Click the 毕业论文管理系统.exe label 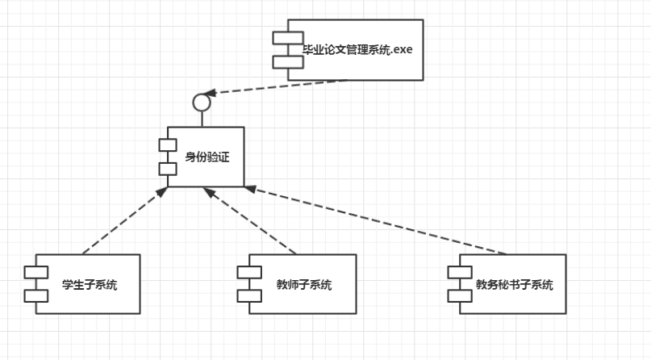(357, 50)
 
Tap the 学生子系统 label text (90, 284)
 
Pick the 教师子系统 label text (304, 284)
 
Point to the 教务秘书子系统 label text (515, 284)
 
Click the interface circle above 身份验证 (202, 103)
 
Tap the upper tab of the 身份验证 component (167, 144)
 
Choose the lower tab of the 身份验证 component (167, 168)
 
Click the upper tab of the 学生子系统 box (36, 271)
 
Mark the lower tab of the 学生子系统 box (36, 295)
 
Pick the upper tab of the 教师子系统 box (249, 271)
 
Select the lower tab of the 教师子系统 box (249, 295)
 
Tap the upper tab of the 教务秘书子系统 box (459, 271)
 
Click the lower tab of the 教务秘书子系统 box (459, 295)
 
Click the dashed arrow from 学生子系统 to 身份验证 (123, 220)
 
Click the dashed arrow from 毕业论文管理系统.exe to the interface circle (278, 86)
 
